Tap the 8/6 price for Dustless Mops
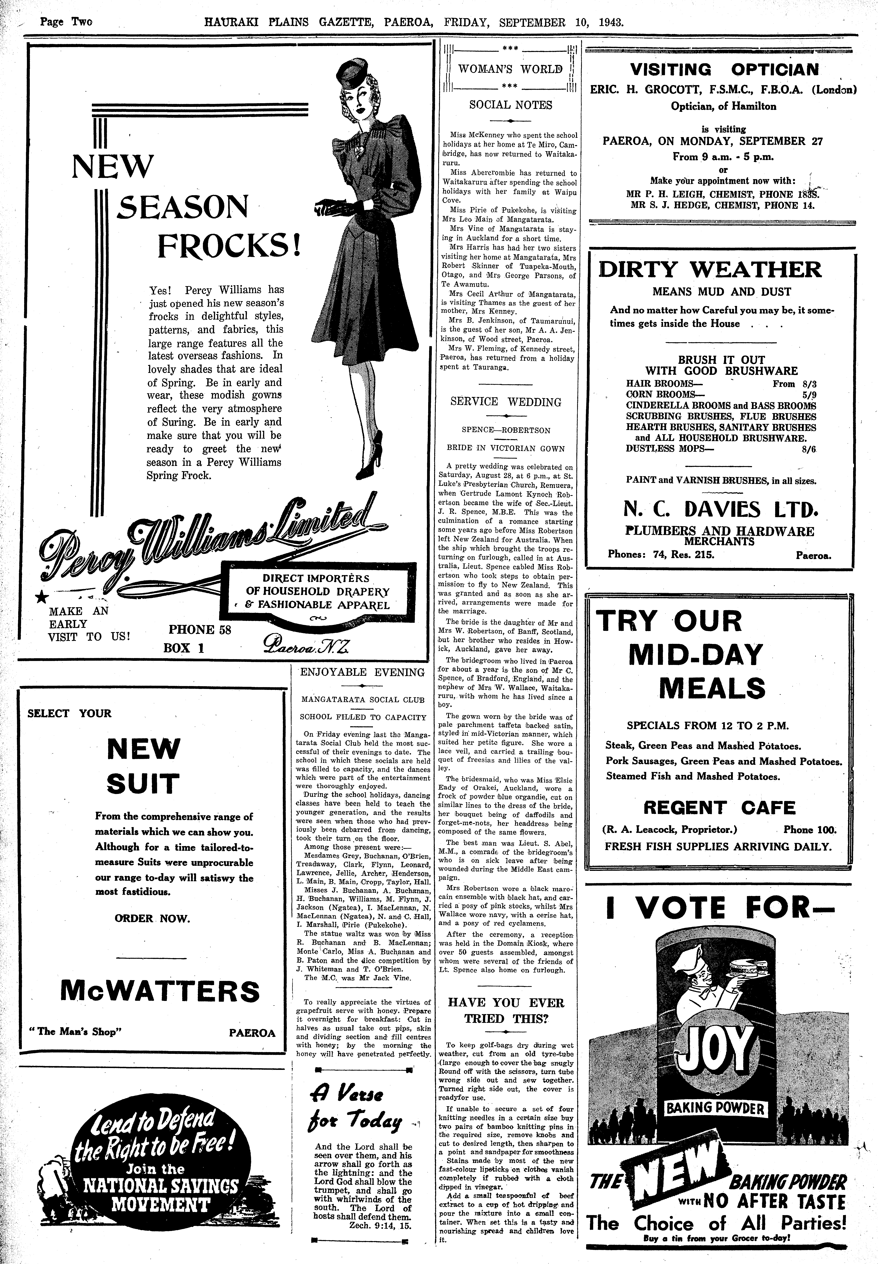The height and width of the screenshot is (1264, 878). pyautogui.click(x=809, y=449)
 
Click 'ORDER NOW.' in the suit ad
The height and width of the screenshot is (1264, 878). pyautogui.click(x=152, y=918)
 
